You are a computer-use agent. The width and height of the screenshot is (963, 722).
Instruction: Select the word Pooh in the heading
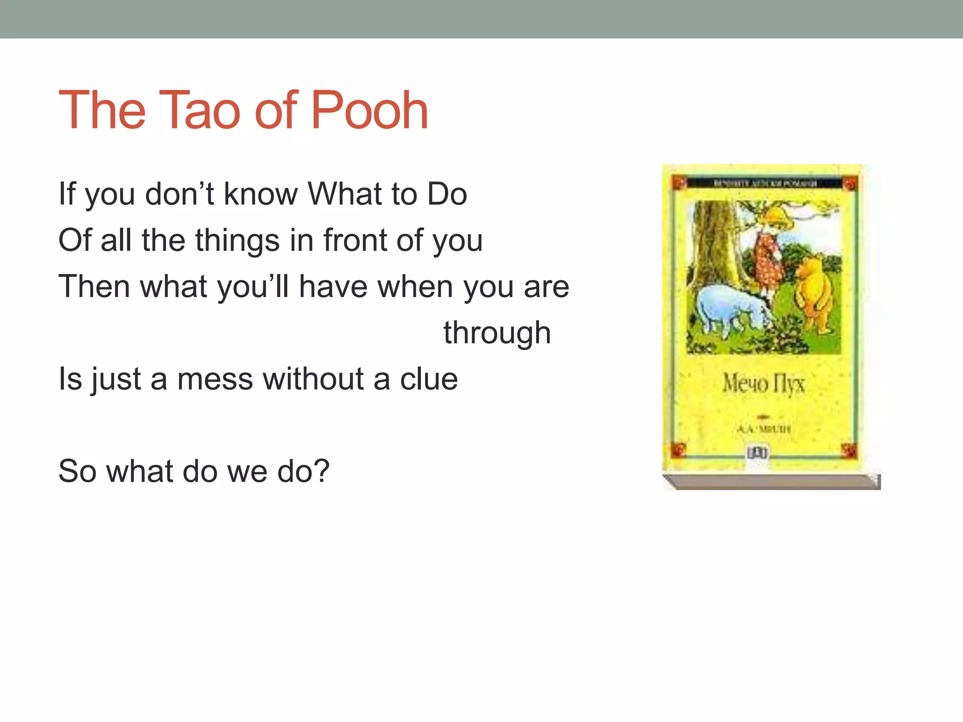369,111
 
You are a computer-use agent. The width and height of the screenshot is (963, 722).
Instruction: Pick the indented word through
497,333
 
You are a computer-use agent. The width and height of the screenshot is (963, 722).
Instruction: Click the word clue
429,379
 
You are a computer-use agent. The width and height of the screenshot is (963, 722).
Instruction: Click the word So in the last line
77,471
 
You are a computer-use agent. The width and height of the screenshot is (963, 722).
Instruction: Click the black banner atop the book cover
765,183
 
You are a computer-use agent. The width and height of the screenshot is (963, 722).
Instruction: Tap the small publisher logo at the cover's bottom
757,453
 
